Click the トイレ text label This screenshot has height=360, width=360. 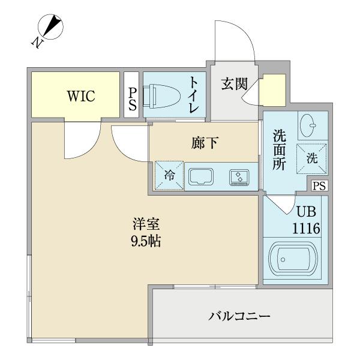194,95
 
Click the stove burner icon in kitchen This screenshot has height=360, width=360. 238,176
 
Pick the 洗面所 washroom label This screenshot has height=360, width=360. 278,152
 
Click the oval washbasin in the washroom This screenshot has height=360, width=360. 310,125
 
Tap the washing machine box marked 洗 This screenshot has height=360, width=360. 312,158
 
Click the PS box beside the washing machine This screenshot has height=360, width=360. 319,186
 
